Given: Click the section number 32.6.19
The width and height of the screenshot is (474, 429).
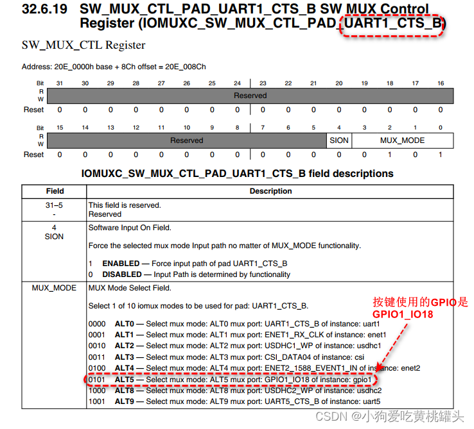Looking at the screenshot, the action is click(44, 9).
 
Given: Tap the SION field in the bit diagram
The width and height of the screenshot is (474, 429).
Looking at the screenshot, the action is click(339, 140).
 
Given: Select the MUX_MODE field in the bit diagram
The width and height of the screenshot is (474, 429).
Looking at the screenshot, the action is click(402, 140).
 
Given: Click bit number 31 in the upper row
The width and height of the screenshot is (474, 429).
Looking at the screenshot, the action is click(60, 83).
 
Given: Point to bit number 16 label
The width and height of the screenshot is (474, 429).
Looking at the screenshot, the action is click(441, 83).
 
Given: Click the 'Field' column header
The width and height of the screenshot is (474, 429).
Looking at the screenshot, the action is click(55, 191).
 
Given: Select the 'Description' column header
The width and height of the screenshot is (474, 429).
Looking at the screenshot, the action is click(270, 191).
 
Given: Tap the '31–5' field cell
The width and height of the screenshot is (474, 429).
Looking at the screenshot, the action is click(54, 205).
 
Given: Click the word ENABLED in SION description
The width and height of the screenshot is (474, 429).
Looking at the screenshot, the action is click(121, 264).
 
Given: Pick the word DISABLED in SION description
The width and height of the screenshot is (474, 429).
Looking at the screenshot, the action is click(122, 274).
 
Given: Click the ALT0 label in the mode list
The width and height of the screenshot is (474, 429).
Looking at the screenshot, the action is click(124, 324).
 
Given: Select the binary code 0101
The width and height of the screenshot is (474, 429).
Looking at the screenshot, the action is click(97, 380).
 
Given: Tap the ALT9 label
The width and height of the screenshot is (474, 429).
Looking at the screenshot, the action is click(124, 401).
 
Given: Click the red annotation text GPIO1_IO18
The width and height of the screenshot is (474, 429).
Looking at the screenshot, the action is click(403, 314).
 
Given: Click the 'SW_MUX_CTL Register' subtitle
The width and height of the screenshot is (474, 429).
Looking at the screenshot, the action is click(83, 46).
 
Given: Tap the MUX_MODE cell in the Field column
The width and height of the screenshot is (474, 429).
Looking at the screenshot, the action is click(54, 288).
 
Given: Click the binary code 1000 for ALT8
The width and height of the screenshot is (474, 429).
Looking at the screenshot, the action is click(97, 391).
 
